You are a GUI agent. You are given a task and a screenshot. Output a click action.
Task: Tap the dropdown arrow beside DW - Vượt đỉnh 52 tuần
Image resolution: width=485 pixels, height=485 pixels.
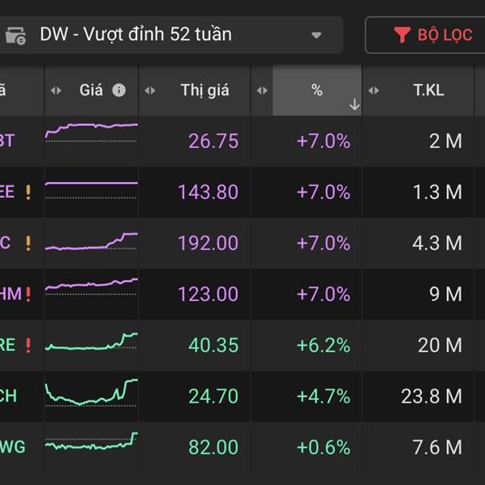(x=317, y=36)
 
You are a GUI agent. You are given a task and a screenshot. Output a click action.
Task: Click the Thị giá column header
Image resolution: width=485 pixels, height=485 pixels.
(x=205, y=91)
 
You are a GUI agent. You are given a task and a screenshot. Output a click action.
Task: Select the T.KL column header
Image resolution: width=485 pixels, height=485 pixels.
(x=428, y=91)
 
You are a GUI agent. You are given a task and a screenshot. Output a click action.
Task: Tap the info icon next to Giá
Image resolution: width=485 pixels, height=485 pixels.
(x=119, y=91)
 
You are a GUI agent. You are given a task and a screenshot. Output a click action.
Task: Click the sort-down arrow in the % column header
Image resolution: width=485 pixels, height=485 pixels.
(x=354, y=104)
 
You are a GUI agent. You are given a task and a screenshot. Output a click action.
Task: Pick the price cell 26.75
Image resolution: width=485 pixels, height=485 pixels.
(x=213, y=141)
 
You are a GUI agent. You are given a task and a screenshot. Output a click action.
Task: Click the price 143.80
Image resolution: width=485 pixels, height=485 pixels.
(x=208, y=192)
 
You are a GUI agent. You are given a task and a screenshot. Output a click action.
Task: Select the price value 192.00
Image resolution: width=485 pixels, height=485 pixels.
(x=208, y=243)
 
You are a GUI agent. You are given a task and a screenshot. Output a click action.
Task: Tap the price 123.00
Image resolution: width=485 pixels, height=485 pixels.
(x=208, y=294)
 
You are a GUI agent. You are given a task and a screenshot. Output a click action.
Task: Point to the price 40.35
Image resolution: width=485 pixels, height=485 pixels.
(x=213, y=345)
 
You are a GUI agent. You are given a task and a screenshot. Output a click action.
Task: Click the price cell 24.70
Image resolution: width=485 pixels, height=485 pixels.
(x=213, y=396)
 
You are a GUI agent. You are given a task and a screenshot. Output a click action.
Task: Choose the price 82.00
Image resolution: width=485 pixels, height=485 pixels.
(x=213, y=447)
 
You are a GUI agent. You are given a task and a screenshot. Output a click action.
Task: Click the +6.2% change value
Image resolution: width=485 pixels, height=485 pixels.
(x=323, y=345)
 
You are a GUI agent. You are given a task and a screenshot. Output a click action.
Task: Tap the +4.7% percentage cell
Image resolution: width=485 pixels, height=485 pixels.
(x=323, y=396)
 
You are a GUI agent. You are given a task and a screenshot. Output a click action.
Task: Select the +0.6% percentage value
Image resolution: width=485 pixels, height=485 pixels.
(x=323, y=447)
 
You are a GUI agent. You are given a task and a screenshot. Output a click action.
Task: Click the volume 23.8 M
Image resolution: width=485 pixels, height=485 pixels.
(x=432, y=396)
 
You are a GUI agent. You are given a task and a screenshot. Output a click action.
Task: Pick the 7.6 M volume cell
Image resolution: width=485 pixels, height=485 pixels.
(x=436, y=447)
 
